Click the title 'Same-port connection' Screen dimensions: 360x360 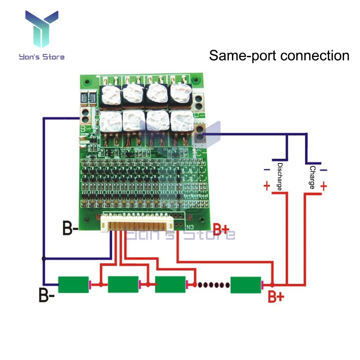click(279, 56)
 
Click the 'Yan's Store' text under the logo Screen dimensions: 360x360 click(42, 57)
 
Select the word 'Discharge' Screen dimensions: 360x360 click(279, 176)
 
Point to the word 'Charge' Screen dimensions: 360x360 click(312, 177)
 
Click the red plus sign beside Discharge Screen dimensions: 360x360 click(267, 186)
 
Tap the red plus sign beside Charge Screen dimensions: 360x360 click(323, 186)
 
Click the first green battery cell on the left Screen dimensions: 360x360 click(73, 284)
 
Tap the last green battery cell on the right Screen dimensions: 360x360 click(246, 284)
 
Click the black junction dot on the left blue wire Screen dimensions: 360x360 click(44, 258)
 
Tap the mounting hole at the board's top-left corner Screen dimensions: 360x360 click(85, 82)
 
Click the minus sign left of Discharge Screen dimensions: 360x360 click(267, 170)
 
